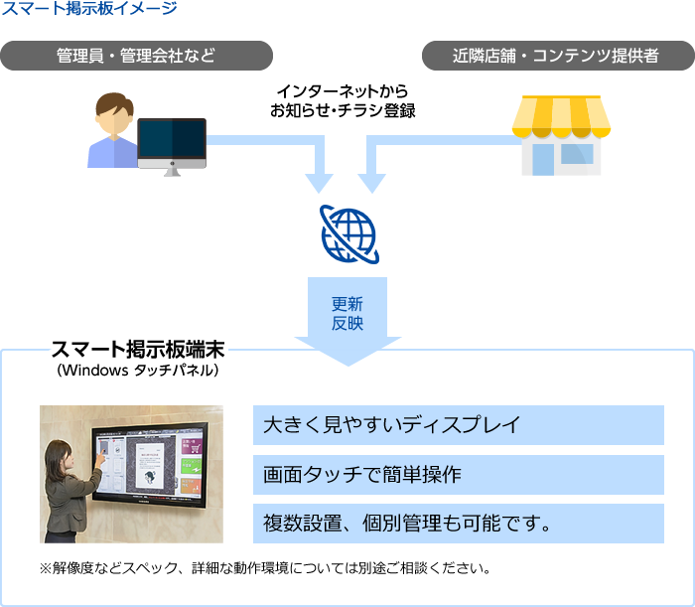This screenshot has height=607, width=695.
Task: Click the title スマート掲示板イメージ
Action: [90, 10]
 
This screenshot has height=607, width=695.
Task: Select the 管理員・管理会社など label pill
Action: [136, 56]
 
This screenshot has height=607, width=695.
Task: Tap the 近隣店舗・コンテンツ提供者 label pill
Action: [556, 56]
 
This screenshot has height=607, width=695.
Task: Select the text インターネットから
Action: [342, 91]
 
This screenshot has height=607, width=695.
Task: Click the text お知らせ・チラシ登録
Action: [342, 111]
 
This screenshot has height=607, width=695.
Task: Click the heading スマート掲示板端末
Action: [137, 351]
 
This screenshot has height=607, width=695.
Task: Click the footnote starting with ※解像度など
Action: [264, 570]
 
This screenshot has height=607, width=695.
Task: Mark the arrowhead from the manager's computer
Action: [319, 182]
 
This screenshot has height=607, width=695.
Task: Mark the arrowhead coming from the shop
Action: [372, 182]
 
